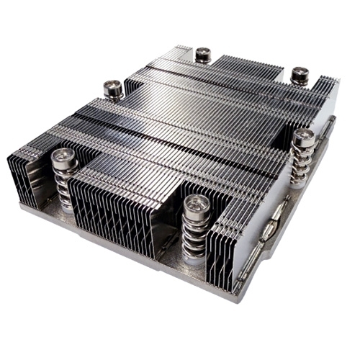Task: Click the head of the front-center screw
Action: pyautogui.click(x=195, y=204)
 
